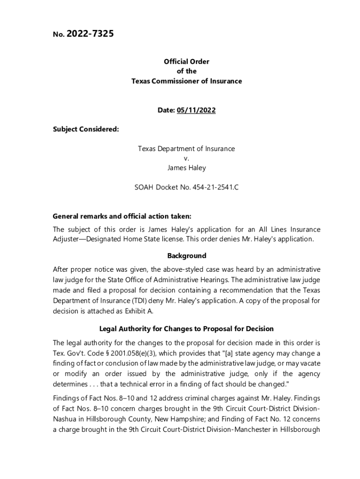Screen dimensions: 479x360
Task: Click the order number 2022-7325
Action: coord(90,34)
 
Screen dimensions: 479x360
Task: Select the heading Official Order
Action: coord(186,61)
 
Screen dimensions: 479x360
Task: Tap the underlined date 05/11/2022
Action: coord(196,110)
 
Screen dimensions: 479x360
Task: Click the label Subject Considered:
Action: coord(86,129)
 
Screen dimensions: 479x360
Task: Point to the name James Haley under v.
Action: coord(186,167)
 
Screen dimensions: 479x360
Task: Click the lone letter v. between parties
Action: coord(186,158)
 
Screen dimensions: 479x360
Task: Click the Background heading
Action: coord(187,256)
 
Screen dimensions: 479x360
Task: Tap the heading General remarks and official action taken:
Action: coord(122,217)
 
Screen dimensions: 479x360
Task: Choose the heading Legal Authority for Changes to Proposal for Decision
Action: coord(187,329)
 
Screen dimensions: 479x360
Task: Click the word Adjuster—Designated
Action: coord(87,239)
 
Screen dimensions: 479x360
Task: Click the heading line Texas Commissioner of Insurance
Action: coord(186,81)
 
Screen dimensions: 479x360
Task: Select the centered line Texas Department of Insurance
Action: coord(186,149)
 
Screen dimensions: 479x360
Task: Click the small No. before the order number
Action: coord(58,35)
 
